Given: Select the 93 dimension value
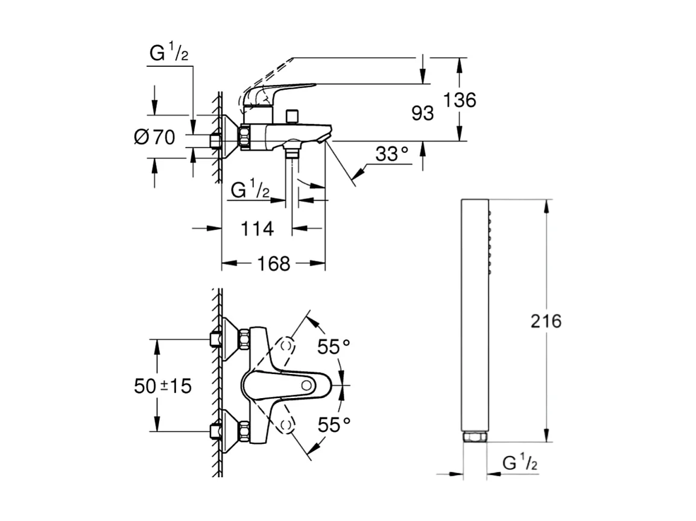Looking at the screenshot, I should click(423, 113).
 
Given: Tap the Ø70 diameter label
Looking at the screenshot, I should click(154, 137).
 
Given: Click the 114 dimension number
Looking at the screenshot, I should click(257, 228).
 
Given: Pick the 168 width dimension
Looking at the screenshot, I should click(274, 263).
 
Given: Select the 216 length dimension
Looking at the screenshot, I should click(545, 321).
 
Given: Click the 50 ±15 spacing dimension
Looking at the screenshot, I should click(163, 385).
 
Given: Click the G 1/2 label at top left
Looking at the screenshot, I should click(169, 54).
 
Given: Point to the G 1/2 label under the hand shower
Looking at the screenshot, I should click(520, 464).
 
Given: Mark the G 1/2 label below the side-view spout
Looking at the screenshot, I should click(250, 191).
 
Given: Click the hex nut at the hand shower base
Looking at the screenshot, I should click(475, 436).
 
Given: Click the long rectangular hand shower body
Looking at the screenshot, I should click(475, 313).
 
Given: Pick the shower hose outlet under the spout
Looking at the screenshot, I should click(293, 151).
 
